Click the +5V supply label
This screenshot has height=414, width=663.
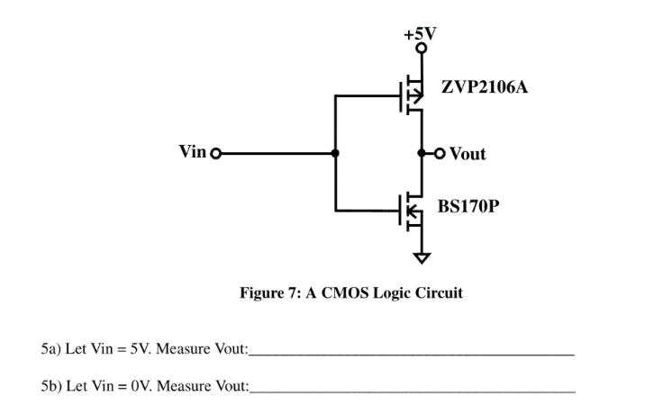(420, 34)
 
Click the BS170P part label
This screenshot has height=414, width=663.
(468, 207)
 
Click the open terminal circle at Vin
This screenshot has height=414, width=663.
(214, 153)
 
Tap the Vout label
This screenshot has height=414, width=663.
(468, 154)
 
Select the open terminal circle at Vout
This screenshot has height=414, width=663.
(440, 153)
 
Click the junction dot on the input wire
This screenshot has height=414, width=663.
(335, 153)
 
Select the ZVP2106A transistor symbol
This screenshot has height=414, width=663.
(411, 94)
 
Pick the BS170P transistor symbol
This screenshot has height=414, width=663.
(411, 211)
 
